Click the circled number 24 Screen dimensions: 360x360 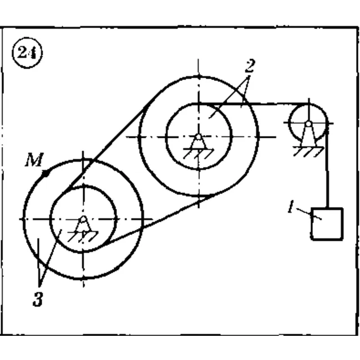(27, 53)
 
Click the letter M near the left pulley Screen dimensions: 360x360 (34, 160)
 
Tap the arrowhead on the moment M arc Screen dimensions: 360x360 (46, 173)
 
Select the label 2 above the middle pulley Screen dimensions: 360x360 (250, 66)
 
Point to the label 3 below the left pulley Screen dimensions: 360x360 (38, 300)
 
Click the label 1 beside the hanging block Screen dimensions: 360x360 (291, 206)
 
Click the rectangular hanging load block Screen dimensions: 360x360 (327, 224)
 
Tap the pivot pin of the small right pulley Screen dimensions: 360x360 (309, 124)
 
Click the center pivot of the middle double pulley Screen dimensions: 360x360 (199, 137)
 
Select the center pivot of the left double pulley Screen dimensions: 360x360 (84, 219)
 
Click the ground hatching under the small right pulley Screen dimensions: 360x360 (309, 152)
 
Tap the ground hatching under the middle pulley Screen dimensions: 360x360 (199, 154)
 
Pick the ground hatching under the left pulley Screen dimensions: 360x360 (83, 236)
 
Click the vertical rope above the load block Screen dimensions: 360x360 (327, 170)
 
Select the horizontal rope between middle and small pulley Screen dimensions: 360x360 (250, 104)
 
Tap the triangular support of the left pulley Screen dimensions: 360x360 (83, 226)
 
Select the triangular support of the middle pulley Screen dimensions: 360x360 (199, 144)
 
